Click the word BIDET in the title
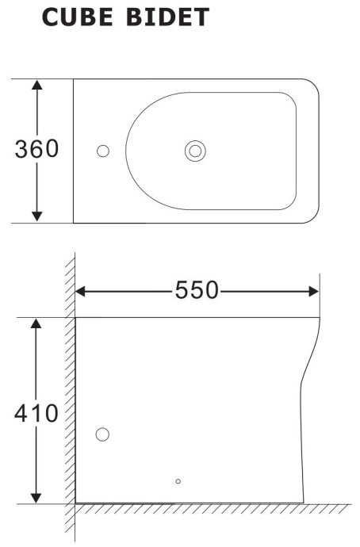[x=171, y=17]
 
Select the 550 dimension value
[x=197, y=291]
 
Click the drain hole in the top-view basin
[x=195, y=151]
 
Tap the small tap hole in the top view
[x=102, y=151]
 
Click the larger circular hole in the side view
[x=102, y=434]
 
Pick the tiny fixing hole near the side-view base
[x=178, y=480]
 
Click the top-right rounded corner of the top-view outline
[x=314, y=85]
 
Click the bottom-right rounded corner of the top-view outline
[x=314, y=217]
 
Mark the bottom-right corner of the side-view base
[x=303, y=503]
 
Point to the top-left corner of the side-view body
[x=76, y=317]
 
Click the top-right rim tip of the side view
[x=319, y=318]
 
